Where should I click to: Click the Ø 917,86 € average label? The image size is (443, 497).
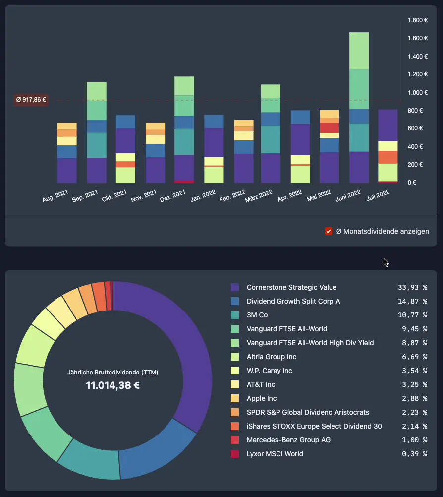(31, 100)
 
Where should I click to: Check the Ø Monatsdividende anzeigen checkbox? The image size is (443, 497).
(328, 231)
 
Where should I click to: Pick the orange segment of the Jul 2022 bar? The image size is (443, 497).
(388, 157)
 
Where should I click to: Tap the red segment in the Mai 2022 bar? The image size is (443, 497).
(329, 128)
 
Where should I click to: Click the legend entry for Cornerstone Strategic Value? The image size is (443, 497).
(291, 287)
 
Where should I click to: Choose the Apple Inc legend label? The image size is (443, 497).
(262, 398)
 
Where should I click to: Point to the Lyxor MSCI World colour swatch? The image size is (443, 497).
(235, 454)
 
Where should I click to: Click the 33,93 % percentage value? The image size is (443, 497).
(412, 287)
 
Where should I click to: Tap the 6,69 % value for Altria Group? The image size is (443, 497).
(412, 357)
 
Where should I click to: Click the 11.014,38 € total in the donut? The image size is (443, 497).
(112, 385)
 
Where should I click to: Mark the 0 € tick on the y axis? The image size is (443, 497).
(412, 183)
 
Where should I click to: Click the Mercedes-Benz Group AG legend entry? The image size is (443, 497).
(288, 440)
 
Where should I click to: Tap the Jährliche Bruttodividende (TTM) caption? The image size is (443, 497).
(112, 372)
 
